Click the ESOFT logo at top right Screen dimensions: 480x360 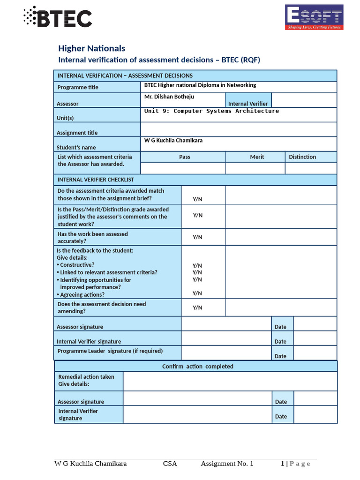click(x=315, y=17)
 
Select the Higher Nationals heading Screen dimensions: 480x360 click(x=91, y=48)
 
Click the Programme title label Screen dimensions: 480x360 click(x=78, y=87)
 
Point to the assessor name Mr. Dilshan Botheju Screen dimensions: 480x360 click(x=169, y=97)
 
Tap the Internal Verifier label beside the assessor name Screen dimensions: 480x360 click(x=248, y=104)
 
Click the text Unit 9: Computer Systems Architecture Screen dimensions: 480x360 click(x=211, y=111)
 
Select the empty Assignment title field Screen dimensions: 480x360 click(x=238, y=129)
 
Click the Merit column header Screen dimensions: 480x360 click(x=257, y=157)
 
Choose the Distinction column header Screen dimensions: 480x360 click(x=302, y=157)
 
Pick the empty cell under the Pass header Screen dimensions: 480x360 click(x=183, y=168)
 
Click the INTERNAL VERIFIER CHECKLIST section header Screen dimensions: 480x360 click(x=96, y=180)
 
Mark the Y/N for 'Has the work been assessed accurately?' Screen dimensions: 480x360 click(x=197, y=237)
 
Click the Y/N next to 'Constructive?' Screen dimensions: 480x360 click(x=197, y=265)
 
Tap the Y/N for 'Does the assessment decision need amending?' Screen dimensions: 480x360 click(x=197, y=307)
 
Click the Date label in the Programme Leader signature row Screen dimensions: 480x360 click(x=280, y=356)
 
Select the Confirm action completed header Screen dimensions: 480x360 click(x=197, y=367)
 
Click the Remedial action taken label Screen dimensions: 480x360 click(x=86, y=377)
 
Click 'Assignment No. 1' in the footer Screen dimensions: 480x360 click(x=227, y=464)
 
